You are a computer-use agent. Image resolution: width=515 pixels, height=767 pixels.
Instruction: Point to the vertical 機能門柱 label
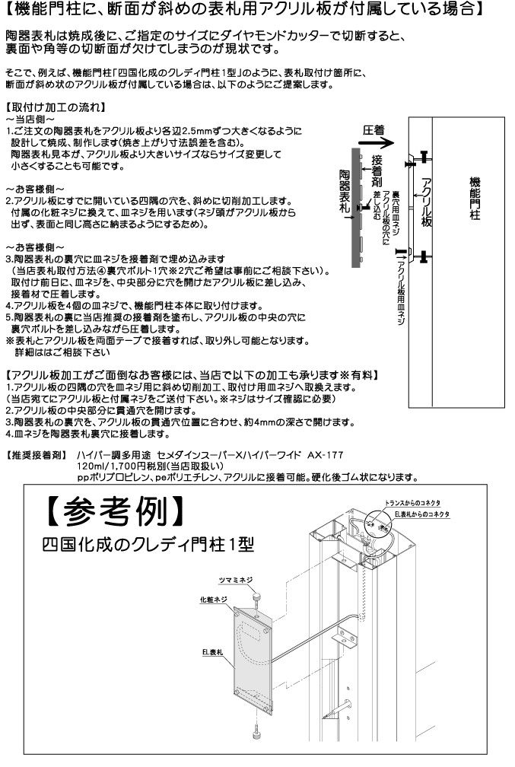pos(474,199)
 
